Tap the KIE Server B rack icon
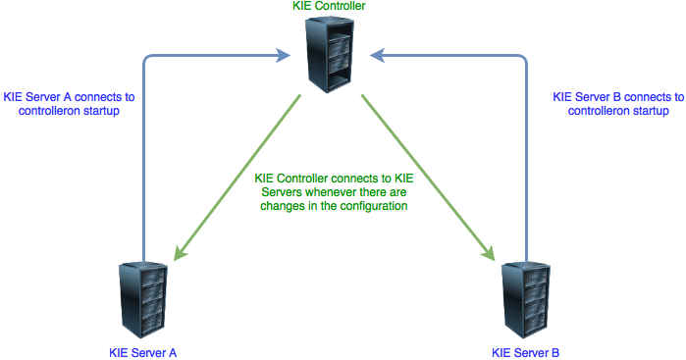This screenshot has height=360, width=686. click(x=525, y=299)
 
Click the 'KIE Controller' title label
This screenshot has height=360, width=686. click(x=330, y=8)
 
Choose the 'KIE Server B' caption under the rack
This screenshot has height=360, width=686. click(x=525, y=350)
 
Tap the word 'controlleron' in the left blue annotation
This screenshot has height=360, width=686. click(x=53, y=112)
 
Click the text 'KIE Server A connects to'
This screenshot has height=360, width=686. click(x=69, y=97)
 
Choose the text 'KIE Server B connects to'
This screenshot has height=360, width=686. click(x=618, y=97)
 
